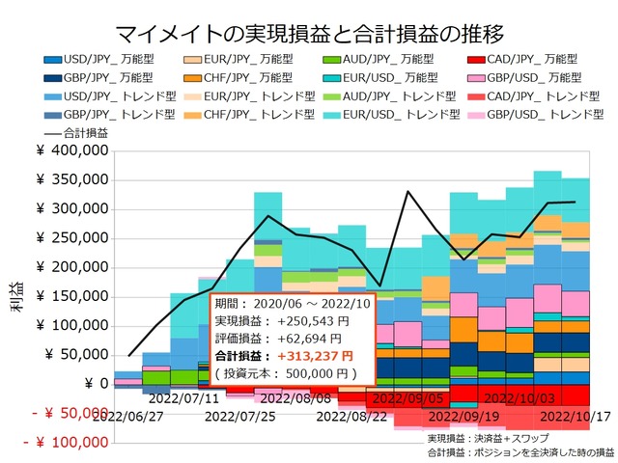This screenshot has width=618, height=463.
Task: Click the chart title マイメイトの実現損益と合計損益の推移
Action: [308, 33]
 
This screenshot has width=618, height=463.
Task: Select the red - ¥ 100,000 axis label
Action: [66, 443]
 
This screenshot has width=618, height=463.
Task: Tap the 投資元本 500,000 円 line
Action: [287, 372]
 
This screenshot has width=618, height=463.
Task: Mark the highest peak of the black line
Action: [408, 192]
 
